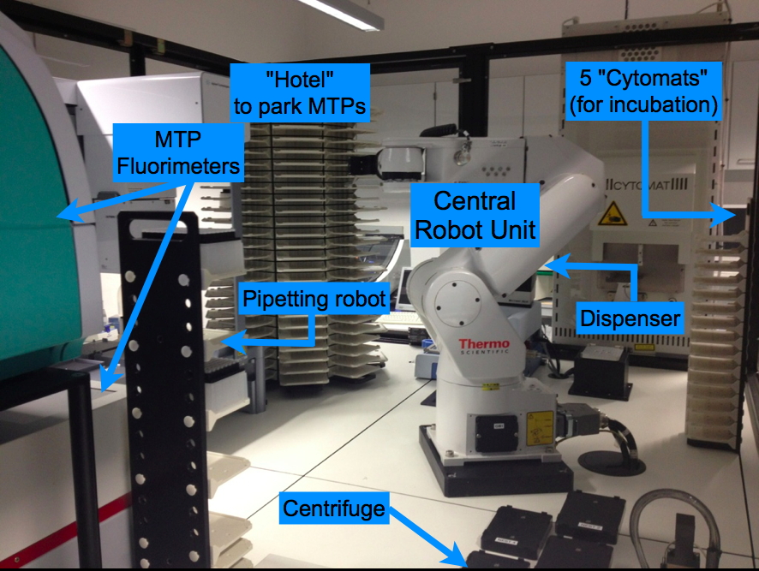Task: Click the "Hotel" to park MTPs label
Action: coord(300,94)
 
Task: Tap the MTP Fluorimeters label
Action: coord(178,151)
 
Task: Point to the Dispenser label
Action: coord(631,318)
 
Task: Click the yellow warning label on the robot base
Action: coord(539,422)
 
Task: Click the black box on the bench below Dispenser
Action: coord(601,372)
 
